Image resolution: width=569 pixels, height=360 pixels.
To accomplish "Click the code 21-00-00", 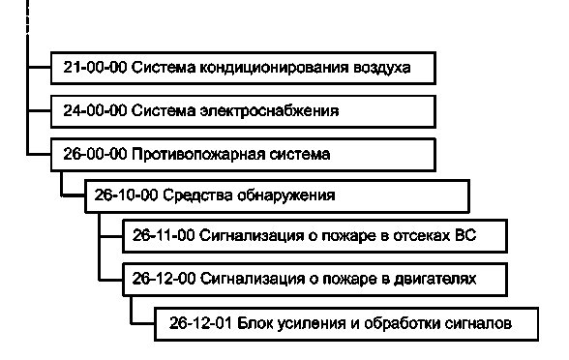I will pyautogui.click(x=92, y=69).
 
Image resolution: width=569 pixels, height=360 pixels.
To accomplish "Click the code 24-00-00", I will pyautogui.click(x=92, y=111).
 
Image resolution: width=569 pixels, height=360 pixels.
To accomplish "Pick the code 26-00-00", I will pyautogui.click(x=92, y=154).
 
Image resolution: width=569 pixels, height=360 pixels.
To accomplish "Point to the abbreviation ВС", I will pyautogui.click(x=466, y=236).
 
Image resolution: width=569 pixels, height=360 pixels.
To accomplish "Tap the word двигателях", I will pyautogui.click(x=439, y=279).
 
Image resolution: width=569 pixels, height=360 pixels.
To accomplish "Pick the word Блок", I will pyautogui.click(x=255, y=321).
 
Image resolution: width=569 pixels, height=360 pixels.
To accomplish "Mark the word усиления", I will pyautogui.click(x=309, y=321).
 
